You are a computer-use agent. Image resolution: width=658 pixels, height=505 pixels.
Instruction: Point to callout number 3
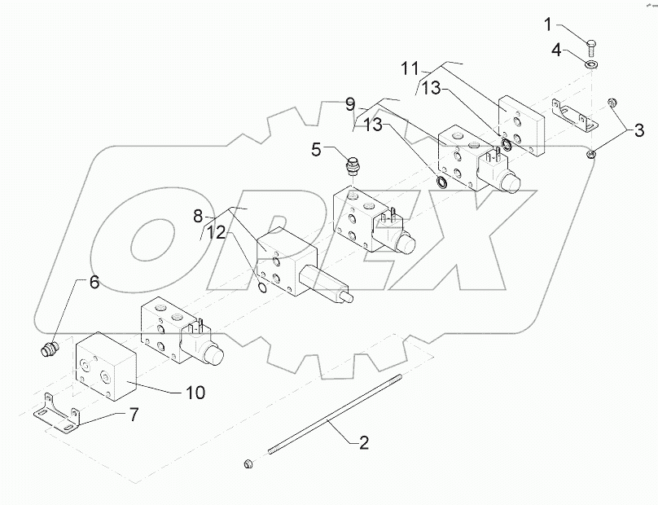638,130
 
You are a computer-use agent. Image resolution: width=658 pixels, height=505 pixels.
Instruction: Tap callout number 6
94,283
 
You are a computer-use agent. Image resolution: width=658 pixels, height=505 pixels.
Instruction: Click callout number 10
195,393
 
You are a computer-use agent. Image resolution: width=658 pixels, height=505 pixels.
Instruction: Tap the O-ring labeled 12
261,286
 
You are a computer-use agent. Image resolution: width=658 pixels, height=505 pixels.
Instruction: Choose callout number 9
350,104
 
